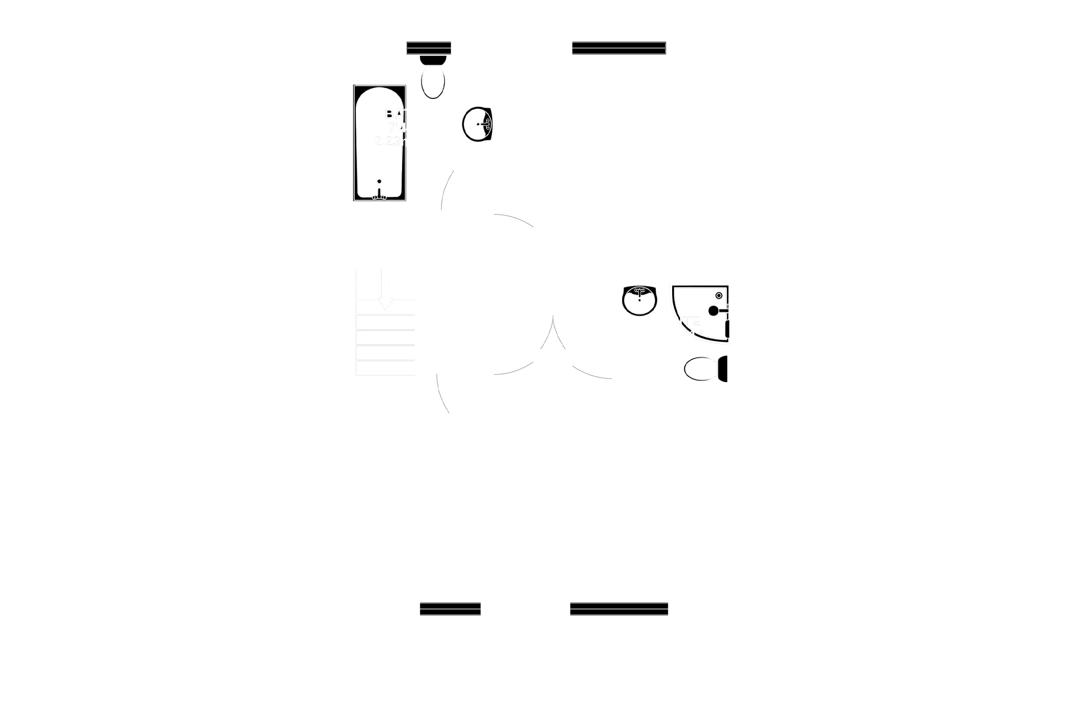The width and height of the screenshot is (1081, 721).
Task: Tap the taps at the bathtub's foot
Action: (379, 197)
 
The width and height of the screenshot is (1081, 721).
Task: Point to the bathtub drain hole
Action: (379, 181)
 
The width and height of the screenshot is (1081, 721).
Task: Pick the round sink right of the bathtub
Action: (477, 124)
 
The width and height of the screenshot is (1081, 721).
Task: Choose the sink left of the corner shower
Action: (640, 301)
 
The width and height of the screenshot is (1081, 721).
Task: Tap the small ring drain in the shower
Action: (719, 296)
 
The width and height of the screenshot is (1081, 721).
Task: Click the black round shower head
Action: (713, 311)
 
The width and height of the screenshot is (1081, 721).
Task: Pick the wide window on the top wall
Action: (620, 48)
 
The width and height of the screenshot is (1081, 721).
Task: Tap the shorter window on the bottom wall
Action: (450, 609)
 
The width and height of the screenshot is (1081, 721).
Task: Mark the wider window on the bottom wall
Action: (619, 609)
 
